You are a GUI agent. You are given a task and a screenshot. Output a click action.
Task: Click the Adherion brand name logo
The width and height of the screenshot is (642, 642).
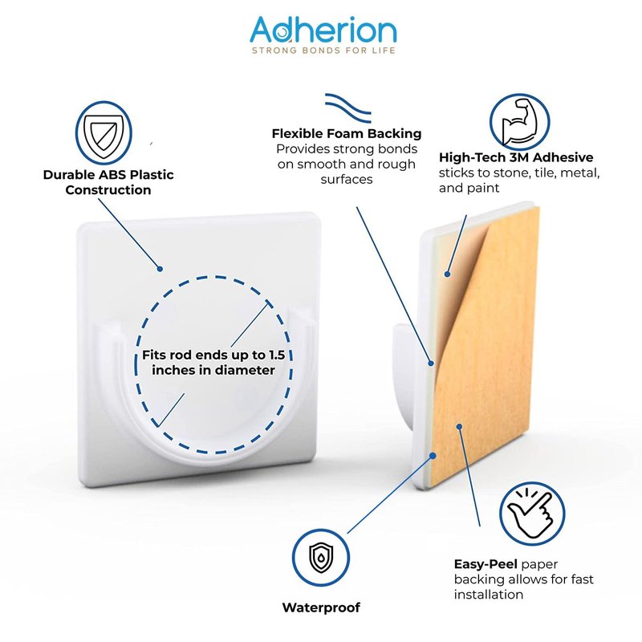[x=323, y=30]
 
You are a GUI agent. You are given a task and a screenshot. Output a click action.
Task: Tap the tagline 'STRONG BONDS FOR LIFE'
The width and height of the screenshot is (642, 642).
[x=323, y=51]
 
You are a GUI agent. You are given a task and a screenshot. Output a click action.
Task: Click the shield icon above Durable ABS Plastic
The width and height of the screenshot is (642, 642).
[x=104, y=133]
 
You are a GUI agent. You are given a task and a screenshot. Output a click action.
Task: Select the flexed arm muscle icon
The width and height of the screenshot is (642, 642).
[x=519, y=122]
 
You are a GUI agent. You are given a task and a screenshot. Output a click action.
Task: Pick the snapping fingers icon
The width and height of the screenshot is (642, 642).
[x=532, y=514]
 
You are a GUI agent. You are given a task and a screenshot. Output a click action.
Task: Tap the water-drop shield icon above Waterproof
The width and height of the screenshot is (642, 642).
[x=321, y=558]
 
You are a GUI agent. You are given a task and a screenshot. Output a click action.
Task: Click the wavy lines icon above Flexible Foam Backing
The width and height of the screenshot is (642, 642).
[x=348, y=108]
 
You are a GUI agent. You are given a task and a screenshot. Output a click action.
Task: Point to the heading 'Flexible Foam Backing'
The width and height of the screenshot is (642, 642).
[x=347, y=133]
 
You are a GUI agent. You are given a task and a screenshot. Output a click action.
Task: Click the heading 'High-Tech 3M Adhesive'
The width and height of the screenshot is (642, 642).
[x=516, y=157]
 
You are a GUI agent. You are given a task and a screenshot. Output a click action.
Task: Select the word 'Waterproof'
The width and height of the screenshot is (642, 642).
[x=321, y=607]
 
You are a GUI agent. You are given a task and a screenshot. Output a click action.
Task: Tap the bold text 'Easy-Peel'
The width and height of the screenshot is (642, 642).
[x=486, y=564]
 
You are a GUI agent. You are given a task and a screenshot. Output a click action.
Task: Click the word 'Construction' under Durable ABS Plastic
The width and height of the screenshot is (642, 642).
[x=108, y=190]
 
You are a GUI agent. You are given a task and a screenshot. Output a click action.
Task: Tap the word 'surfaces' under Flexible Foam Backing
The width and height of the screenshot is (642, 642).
[x=347, y=179]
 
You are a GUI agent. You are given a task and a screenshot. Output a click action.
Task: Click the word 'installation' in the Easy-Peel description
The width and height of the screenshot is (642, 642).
[x=489, y=594]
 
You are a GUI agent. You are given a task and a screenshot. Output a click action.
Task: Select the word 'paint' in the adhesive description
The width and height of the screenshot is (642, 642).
[x=484, y=188]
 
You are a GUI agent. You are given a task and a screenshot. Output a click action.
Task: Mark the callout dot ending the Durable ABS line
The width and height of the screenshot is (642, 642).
[x=160, y=269]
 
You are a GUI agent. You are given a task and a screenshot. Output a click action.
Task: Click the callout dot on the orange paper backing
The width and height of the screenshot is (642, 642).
[x=459, y=427]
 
